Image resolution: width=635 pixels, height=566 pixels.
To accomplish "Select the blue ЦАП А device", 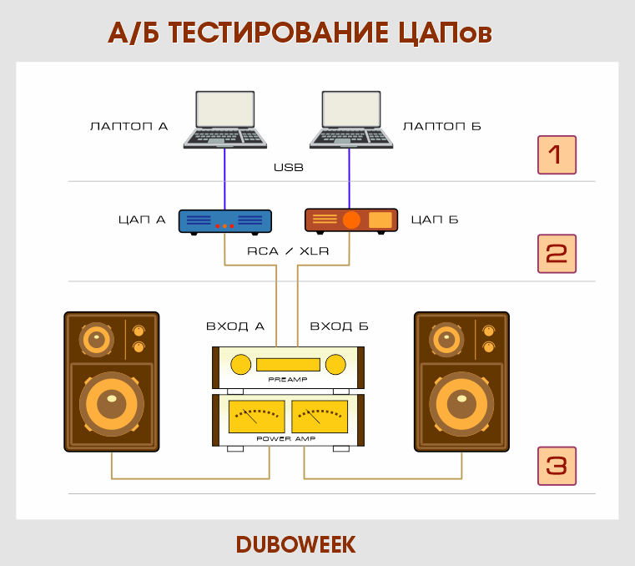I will [224, 221].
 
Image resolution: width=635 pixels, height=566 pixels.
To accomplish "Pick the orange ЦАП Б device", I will [350, 220].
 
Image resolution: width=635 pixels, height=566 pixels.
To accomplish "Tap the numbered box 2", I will [557, 253].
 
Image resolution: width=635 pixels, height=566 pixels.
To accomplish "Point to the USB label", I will [288, 168].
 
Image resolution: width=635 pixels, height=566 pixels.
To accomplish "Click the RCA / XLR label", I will [288, 250].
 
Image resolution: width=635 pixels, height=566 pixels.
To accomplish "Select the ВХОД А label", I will [235, 326].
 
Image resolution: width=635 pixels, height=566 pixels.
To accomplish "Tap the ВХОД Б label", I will [339, 326].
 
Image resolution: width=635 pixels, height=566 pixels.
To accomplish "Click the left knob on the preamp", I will [240, 364].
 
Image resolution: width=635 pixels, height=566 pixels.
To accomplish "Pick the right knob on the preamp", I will [335, 364].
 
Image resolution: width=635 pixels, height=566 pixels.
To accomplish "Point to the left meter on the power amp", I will [256, 415].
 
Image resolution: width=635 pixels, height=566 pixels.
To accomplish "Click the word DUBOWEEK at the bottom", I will [295, 544].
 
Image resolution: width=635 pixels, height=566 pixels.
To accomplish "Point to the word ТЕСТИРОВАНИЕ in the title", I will [275, 32].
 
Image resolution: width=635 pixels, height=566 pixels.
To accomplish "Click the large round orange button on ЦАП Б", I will [352, 220].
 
